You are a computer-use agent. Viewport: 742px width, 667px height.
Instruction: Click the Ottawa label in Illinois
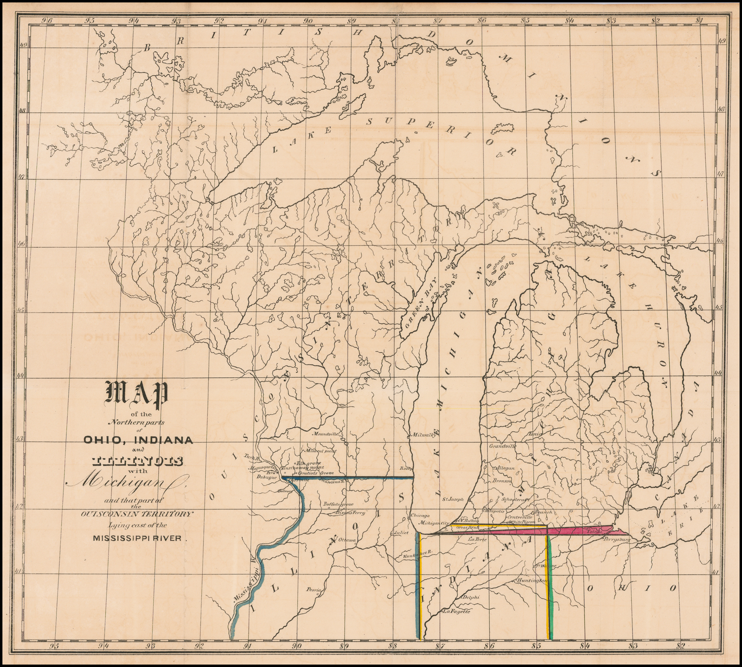tap(346, 540)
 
